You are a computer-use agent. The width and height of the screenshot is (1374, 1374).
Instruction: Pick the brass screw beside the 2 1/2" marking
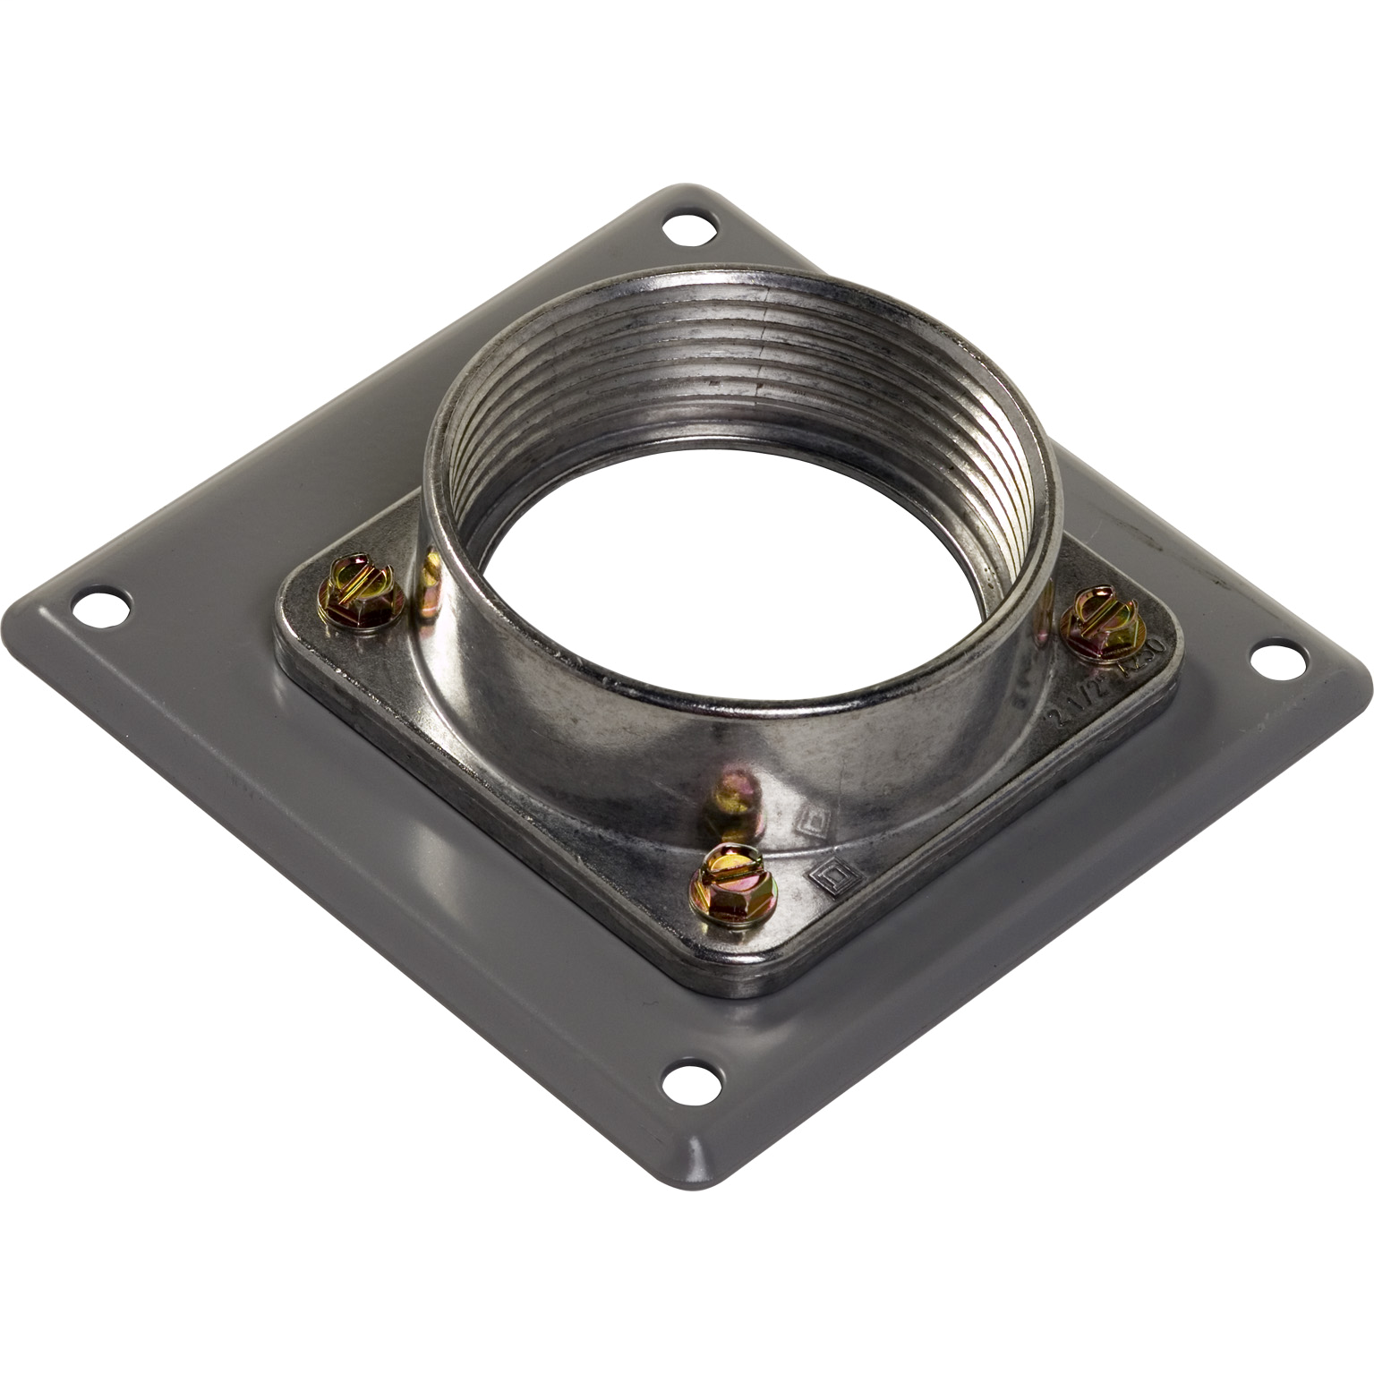(1097, 621)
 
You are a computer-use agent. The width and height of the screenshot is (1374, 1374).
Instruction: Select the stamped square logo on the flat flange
(833, 875)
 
